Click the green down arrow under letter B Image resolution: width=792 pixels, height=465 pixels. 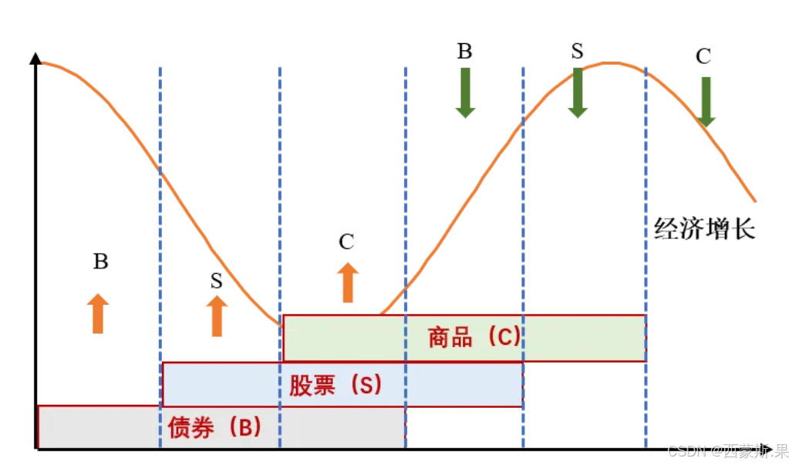coord(465,93)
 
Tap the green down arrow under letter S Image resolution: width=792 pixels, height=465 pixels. coord(578,93)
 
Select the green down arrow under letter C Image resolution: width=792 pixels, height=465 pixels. coord(704,102)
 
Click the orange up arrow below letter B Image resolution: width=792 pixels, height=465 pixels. coord(98,313)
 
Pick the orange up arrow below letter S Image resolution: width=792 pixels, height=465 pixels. coord(217,316)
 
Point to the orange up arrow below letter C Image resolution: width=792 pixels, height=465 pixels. coord(347,282)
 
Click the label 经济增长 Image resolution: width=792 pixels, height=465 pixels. coord(704,229)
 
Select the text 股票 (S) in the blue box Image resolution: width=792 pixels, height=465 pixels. coord(335,385)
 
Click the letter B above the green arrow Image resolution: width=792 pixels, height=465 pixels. coord(464,52)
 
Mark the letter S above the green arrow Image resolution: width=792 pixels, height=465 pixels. coord(578,52)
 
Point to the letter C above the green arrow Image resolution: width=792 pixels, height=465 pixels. coord(703,56)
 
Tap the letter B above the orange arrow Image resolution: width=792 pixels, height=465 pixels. coord(100,261)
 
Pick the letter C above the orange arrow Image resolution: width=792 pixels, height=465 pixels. coord(346,242)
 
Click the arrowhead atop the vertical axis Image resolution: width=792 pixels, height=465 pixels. coord(35,58)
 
